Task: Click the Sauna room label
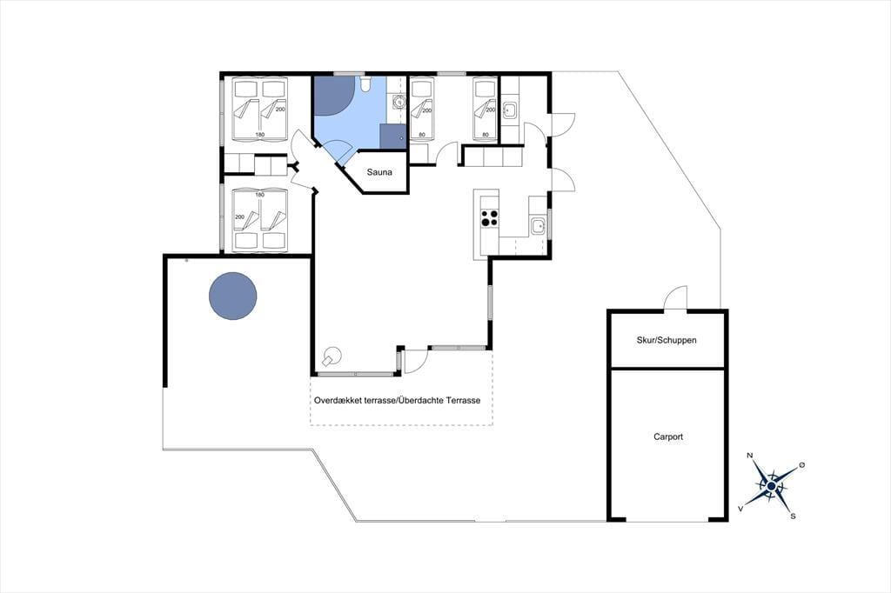(x=379, y=172)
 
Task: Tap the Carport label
(x=668, y=436)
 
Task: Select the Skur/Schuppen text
(x=667, y=340)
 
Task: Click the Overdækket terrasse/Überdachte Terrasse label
(x=397, y=401)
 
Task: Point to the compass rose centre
(x=771, y=487)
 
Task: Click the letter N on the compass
(x=750, y=456)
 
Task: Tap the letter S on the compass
(x=793, y=516)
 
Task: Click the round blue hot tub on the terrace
(x=233, y=296)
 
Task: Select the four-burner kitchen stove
(x=490, y=218)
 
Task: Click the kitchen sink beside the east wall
(x=538, y=226)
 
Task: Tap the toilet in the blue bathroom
(x=365, y=84)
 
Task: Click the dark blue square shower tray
(x=392, y=137)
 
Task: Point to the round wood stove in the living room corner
(x=331, y=356)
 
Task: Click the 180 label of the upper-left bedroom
(x=259, y=135)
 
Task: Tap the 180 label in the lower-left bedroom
(x=259, y=195)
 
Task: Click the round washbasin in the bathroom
(x=399, y=103)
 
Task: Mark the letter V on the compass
(x=740, y=509)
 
